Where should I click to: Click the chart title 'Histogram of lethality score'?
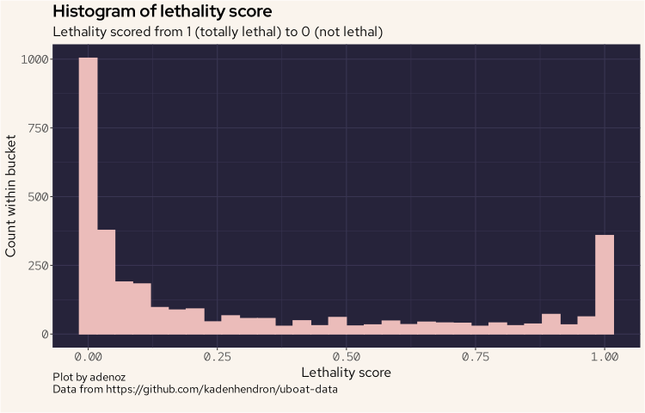[x=163, y=12]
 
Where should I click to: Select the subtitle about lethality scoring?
[x=218, y=32]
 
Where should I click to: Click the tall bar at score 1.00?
[x=605, y=284]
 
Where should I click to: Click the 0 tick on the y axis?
[x=44, y=334]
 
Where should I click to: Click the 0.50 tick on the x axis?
[x=346, y=355]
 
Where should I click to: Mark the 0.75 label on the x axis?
[x=475, y=355]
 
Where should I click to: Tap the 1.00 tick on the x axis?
[x=605, y=355]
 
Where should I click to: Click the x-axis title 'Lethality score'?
[x=346, y=373]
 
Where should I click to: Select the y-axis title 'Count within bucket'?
[x=11, y=196]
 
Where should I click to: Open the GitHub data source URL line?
[x=194, y=390]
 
